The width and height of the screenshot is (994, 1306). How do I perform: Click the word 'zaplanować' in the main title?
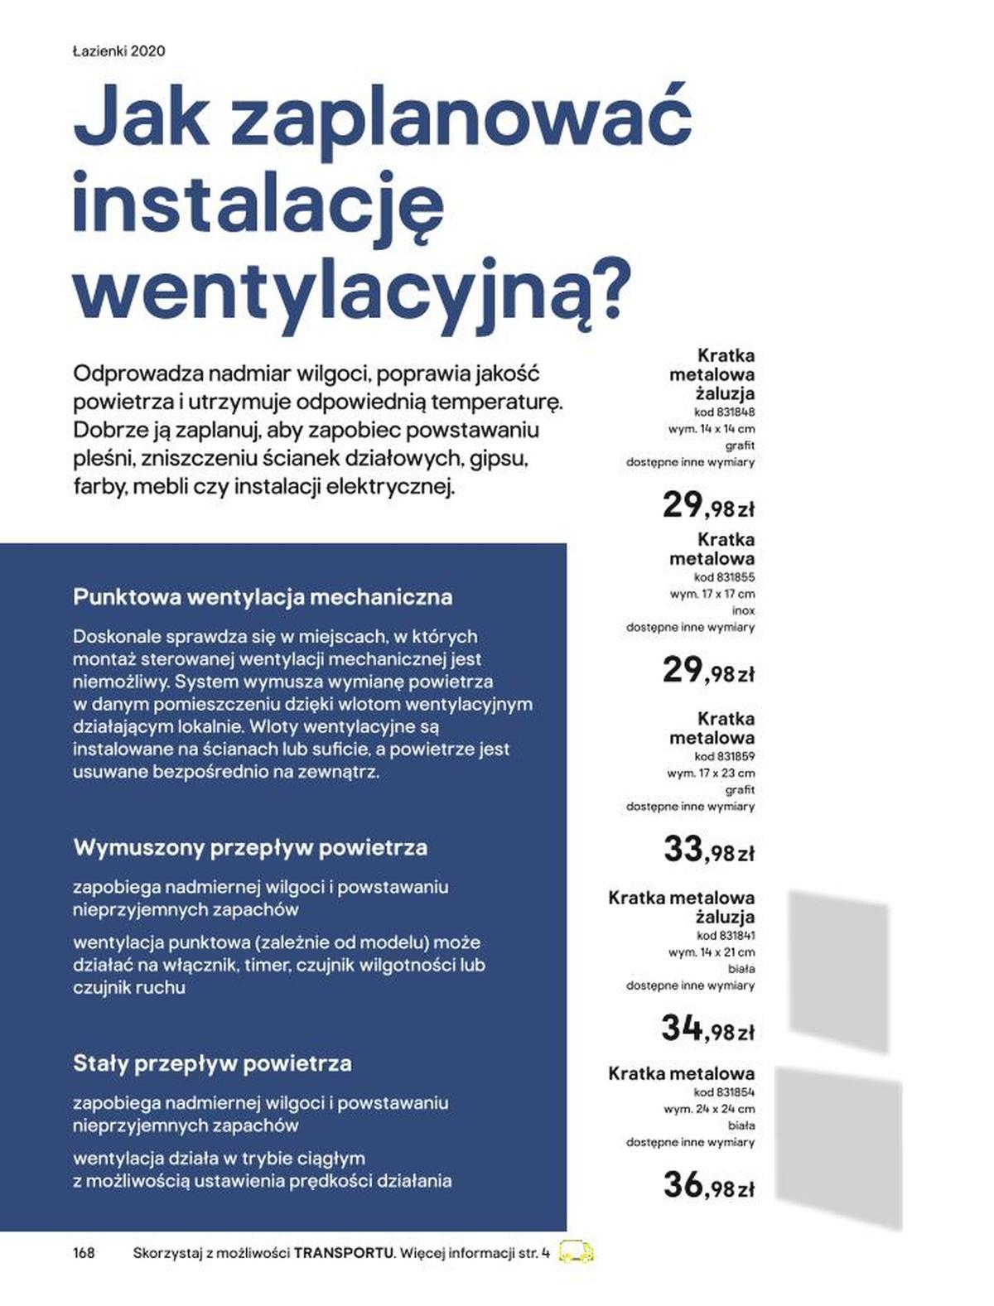[461, 118]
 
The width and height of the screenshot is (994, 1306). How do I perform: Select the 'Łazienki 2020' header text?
[118, 51]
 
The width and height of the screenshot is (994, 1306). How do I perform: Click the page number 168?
[84, 1252]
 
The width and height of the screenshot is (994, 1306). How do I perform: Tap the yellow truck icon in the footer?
[577, 1251]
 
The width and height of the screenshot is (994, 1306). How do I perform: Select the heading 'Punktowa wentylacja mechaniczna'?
[263, 597]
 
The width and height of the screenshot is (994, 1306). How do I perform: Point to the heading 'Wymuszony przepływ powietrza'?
[250, 848]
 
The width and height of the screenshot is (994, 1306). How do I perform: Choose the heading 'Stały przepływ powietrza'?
[212, 1063]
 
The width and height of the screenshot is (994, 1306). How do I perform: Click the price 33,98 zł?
[708, 850]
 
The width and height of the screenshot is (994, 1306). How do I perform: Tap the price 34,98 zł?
[707, 1029]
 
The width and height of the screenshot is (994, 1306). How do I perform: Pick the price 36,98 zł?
[708, 1186]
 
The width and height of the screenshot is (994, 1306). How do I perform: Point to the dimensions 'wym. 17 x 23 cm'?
[711, 773]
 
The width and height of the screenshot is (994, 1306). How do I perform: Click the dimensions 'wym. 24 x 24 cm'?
[709, 1109]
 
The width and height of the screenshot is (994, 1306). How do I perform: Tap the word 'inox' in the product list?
[743, 610]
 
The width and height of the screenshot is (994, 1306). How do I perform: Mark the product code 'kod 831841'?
[725, 936]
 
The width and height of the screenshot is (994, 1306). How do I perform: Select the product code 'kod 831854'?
[724, 1092]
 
